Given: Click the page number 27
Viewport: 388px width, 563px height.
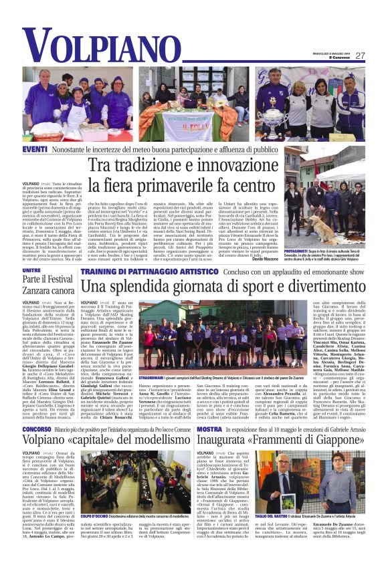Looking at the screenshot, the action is pyautogui.click(x=360, y=56).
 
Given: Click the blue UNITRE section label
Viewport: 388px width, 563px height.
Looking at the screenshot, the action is pyautogui.click(x=31, y=270).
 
